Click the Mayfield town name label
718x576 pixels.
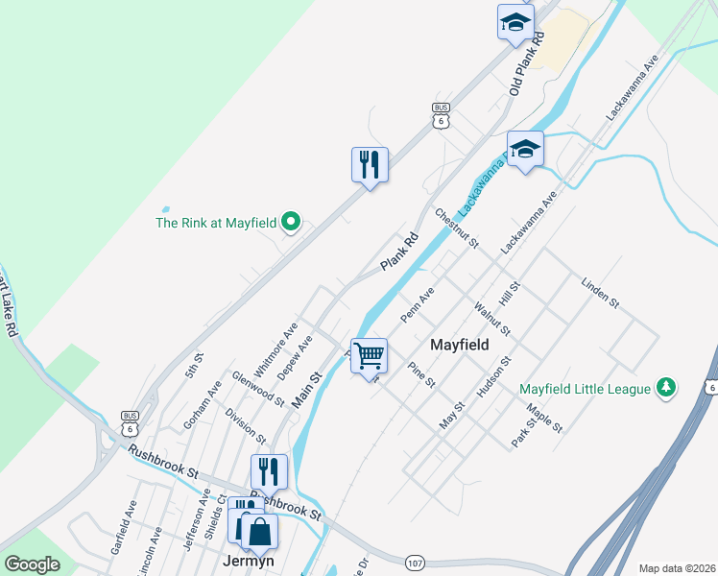click(459, 345)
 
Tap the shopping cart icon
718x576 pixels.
click(369, 356)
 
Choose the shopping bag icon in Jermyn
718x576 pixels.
click(259, 531)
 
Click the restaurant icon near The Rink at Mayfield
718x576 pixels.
click(370, 165)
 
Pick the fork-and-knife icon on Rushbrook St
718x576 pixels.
click(269, 471)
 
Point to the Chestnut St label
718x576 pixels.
click(457, 228)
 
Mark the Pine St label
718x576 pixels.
click(421, 374)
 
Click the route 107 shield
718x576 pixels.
click(415, 561)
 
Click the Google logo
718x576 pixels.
click(33, 564)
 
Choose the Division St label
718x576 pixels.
click(245, 425)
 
